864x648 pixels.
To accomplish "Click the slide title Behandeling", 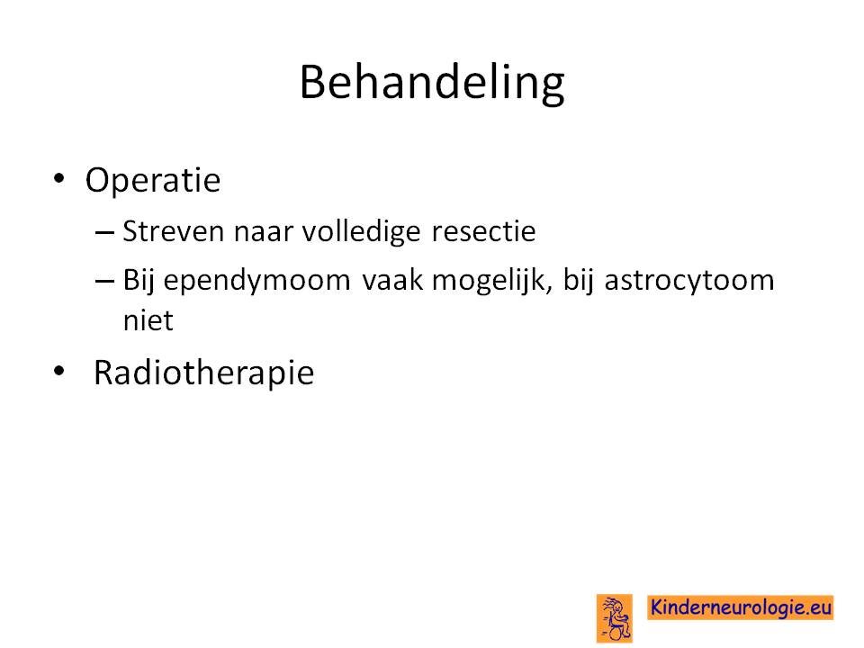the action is pyautogui.click(x=432, y=84).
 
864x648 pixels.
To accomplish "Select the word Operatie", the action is pyautogui.click(x=153, y=180).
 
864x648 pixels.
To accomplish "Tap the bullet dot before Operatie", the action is pyautogui.click(x=59, y=178).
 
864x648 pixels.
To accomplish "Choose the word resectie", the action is pyautogui.click(x=483, y=231).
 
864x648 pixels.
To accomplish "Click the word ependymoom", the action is pyautogui.click(x=256, y=282).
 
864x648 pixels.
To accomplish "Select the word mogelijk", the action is pyautogui.click(x=491, y=281).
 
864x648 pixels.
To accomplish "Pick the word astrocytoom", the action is pyautogui.click(x=689, y=282).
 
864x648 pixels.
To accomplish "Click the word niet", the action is pyautogui.click(x=148, y=320).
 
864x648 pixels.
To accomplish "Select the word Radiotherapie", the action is pyautogui.click(x=204, y=373).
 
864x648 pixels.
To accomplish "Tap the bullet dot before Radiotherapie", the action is pyautogui.click(x=59, y=371).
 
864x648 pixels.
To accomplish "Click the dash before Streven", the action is pyautogui.click(x=104, y=233).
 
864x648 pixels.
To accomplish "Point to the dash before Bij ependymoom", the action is pyautogui.click(x=104, y=282).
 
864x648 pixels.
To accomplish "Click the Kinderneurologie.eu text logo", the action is pyautogui.click(x=741, y=607).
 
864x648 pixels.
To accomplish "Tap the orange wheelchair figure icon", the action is pyautogui.click(x=615, y=618).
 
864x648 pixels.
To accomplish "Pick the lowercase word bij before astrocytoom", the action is pyautogui.click(x=579, y=281).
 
